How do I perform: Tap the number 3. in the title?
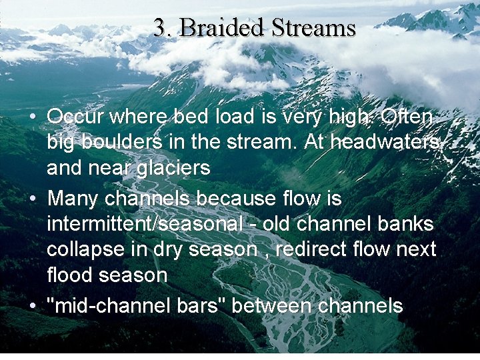163,28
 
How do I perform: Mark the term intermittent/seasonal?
145,223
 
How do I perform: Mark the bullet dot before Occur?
33,117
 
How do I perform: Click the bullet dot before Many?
33,199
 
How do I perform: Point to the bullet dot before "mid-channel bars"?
33,307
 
